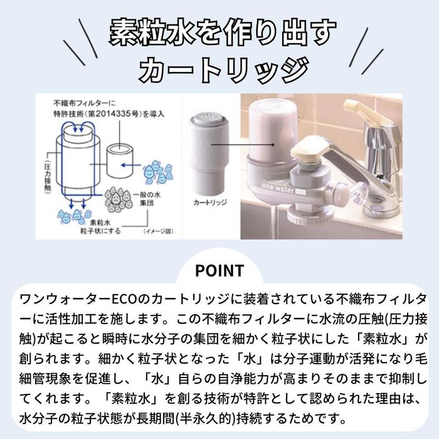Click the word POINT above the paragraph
[219, 270]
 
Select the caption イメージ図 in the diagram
[157, 231]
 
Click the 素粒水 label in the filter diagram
[99, 222]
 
